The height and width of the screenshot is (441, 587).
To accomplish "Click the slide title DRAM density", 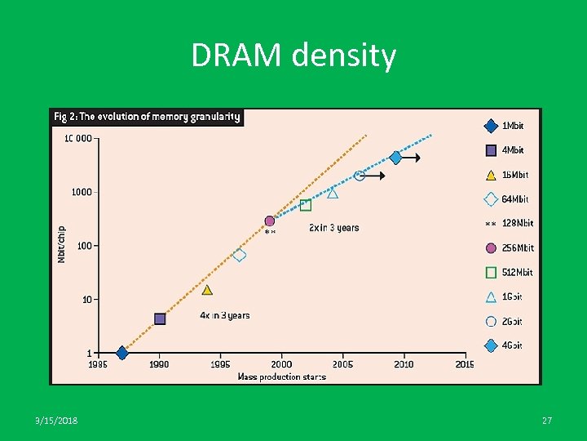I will [293, 56].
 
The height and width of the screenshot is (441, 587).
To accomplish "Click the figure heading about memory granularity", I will [147, 117].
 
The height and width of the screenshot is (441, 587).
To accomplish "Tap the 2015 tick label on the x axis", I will [464, 364].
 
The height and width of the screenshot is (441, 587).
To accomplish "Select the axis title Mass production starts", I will [281, 376].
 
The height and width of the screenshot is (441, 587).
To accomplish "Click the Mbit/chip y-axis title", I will [62, 244].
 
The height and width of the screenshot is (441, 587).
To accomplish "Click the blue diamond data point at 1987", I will [122, 353].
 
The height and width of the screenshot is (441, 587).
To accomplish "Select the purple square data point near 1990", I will [160, 318].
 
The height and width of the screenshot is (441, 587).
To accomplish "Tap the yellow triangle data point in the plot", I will [207, 290].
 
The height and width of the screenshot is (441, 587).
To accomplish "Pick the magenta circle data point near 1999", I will [270, 221].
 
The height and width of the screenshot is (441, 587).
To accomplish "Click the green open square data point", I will [306, 205].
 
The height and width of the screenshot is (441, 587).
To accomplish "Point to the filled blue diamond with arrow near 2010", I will [396, 158].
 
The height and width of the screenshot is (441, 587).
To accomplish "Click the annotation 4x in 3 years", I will [225, 315].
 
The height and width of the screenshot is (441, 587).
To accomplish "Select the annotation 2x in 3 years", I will [333, 228].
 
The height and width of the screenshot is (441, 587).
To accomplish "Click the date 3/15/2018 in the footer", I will [58, 420].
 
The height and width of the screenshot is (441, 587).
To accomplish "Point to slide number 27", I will [547, 420].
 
